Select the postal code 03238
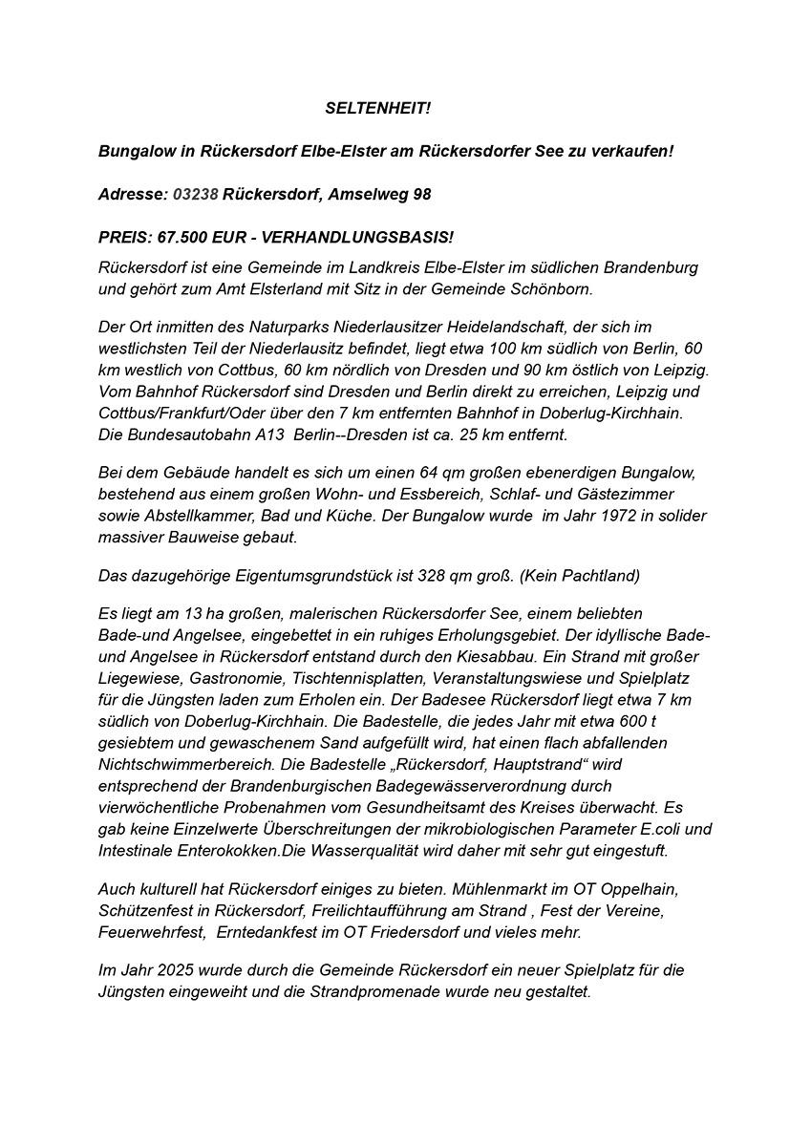[x=196, y=194]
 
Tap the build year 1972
[x=625, y=516]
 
